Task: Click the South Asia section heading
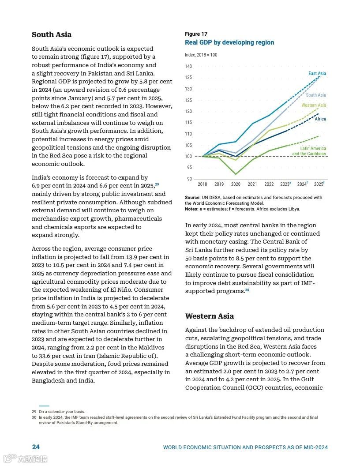(x=52, y=35)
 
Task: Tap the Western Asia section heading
(x=210, y=316)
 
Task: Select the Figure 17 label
(x=196, y=34)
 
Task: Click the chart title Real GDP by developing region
(x=229, y=42)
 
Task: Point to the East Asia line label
(x=317, y=73)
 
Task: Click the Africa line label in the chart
(x=320, y=119)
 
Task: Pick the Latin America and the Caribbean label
(x=309, y=151)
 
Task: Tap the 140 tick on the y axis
(x=188, y=66)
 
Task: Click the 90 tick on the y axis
(x=189, y=179)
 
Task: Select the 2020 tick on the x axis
(x=236, y=184)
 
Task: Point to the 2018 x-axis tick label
(x=202, y=184)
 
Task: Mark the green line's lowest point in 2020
(x=236, y=174)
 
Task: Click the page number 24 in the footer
(x=36, y=447)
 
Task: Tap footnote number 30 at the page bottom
(x=34, y=417)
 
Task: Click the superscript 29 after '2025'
(x=157, y=184)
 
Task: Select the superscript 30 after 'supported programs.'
(x=247, y=290)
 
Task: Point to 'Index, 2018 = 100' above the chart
(x=201, y=55)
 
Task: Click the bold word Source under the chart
(x=192, y=197)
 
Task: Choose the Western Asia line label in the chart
(x=314, y=105)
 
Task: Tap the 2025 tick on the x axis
(x=319, y=184)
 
